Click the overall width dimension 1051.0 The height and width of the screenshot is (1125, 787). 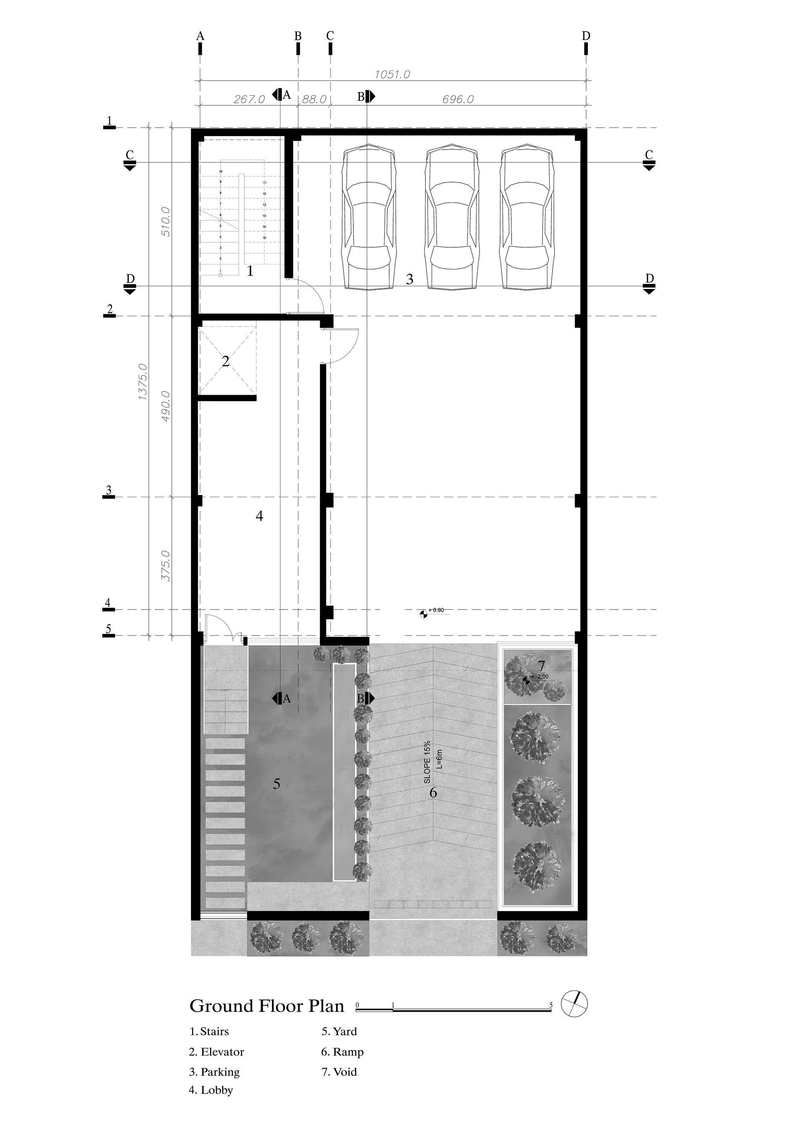click(x=392, y=74)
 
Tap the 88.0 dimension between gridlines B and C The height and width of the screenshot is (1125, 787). click(x=314, y=99)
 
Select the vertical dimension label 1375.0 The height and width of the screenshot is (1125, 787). click(x=142, y=382)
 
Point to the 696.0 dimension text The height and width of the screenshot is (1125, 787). click(x=458, y=99)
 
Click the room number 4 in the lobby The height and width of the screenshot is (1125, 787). click(x=260, y=515)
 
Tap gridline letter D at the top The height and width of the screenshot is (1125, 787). click(x=586, y=36)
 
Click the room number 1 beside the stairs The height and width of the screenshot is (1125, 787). click(x=250, y=271)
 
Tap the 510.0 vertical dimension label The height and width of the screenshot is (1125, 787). click(x=166, y=222)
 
